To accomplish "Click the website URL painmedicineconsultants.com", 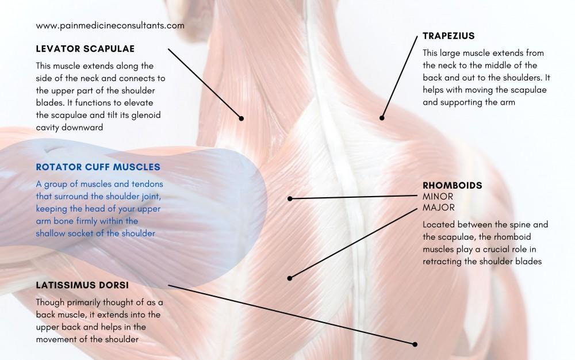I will pyautogui.click(x=110, y=25).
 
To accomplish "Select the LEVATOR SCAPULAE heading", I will pyautogui.click(x=85, y=48).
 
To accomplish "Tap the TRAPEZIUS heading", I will pyautogui.click(x=448, y=36).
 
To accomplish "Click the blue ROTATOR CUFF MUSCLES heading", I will pyautogui.click(x=98, y=167).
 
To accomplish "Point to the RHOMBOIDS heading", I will pyautogui.click(x=452, y=186).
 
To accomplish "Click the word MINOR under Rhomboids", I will pyautogui.click(x=438, y=197).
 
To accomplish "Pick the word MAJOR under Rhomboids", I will pyautogui.click(x=439, y=208).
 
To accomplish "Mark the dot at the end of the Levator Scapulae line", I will pyautogui.click(x=241, y=118).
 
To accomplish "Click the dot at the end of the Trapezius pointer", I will pyautogui.click(x=381, y=118).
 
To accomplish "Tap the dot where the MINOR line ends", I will pyautogui.click(x=290, y=199).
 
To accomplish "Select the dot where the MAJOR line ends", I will pyautogui.click(x=290, y=278).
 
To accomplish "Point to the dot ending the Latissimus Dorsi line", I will pyautogui.click(x=415, y=344).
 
